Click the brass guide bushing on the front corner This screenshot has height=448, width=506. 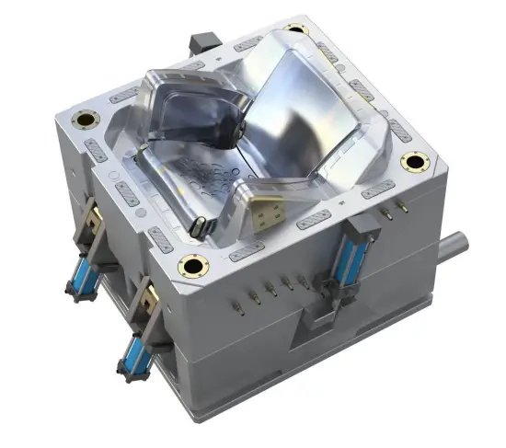(x=196, y=267)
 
